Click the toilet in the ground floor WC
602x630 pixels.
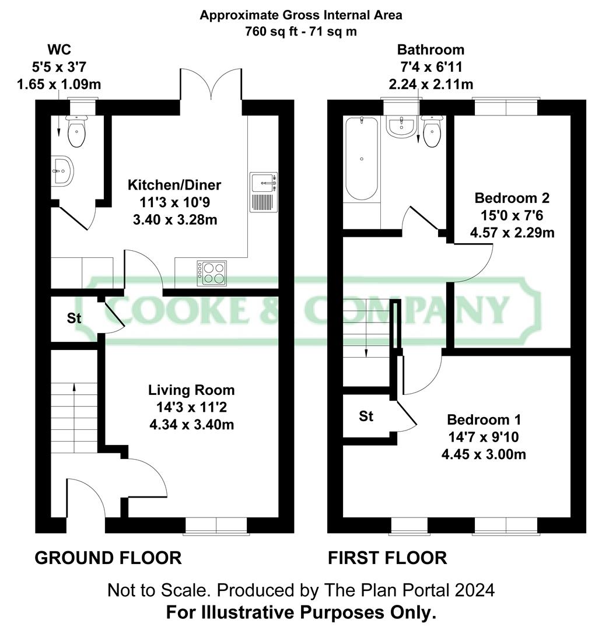pos(76,132)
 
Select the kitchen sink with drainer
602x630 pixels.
pos(262,192)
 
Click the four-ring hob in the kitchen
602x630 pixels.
pos(212,273)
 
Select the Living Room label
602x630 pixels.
pos(191,390)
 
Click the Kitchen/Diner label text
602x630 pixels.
pos(174,185)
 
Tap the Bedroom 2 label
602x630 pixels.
pos(512,197)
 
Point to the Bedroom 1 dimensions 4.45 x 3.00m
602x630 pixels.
pos(484,454)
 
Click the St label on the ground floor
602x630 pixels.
pos(73,318)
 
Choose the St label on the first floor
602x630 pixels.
pos(366,416)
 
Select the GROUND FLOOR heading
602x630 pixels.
pos(108,558)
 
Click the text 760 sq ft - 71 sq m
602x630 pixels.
pos(301,31)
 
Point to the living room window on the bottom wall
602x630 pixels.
pos(216,526)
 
